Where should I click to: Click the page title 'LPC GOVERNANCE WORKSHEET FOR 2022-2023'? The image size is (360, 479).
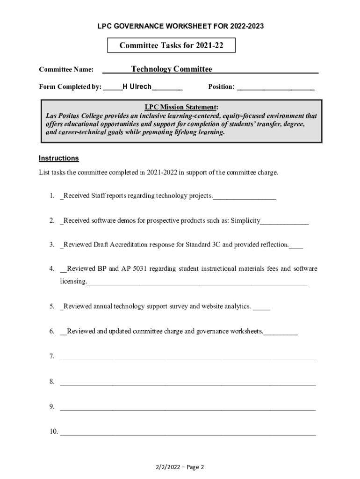[x=180, y=27]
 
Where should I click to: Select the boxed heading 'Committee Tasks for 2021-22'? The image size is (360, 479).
[x=171, y=45]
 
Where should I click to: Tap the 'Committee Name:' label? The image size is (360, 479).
[x=66, y=70]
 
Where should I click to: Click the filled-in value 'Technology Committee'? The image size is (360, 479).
[x=171, y=69]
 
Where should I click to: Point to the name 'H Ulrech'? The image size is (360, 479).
[x=137, y=87]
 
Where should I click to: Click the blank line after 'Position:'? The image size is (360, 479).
[x=276, y=87]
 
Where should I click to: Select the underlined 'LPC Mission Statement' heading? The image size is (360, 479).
[x=181, y=107]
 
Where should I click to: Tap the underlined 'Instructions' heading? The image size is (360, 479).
[x=58, y=158]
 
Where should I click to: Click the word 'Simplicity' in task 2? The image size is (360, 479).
[x=245, y=220]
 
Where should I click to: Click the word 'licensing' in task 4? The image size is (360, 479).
[x=73, y=282]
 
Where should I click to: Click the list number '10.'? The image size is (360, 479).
[x=53, y=431]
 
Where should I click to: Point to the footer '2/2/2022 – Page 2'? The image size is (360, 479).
[x=180, y=467]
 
